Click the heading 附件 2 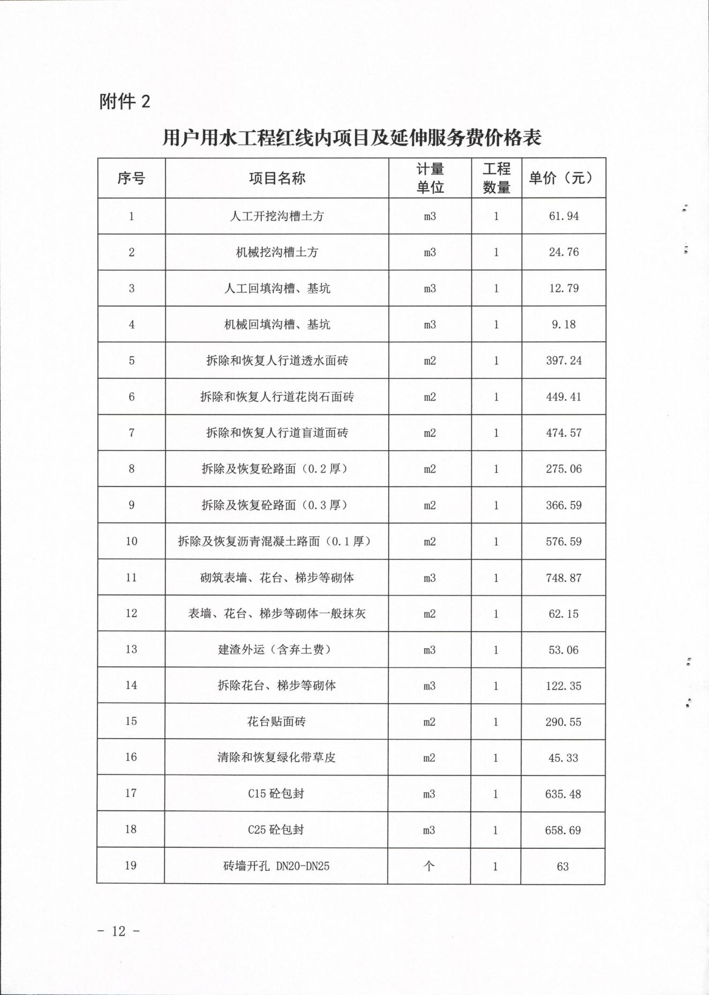click(125, 101)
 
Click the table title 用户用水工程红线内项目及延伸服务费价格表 click(352, 138)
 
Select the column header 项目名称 click(277, 178)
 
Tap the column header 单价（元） click(563, 178)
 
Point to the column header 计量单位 click(430, 178)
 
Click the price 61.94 click(564, 216)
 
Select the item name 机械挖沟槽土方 click(277, 252)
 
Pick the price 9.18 click(564, 324)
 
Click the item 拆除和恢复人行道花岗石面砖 click(277, 397)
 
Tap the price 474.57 click(564, 432)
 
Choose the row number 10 click(131, 541)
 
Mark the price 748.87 click(564, 578)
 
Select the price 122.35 click(563, 686)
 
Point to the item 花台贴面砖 click(276, 721)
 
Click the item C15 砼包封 click(276, 794)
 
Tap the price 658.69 click(563, 830)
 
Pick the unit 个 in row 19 click(429, 866)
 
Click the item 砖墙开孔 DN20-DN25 click(276, 866)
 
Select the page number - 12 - click(119, 931)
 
